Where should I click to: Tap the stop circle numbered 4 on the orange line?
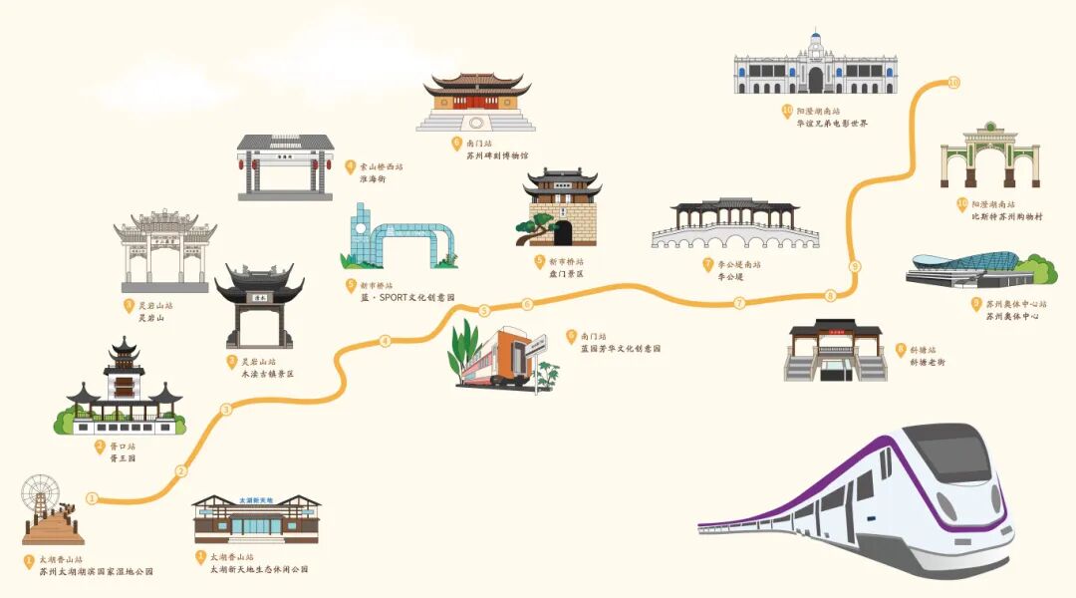(385, 342)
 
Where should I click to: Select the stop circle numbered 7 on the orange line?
(739, 303)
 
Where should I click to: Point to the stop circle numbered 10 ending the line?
(954, 82)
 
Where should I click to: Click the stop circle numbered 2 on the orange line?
(180, 471)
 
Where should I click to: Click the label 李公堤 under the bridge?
(730, 277)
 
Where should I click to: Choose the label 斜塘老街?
(929, 362)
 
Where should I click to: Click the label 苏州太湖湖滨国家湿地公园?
(97, 572)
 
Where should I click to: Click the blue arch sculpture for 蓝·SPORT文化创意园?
(408, 243)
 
